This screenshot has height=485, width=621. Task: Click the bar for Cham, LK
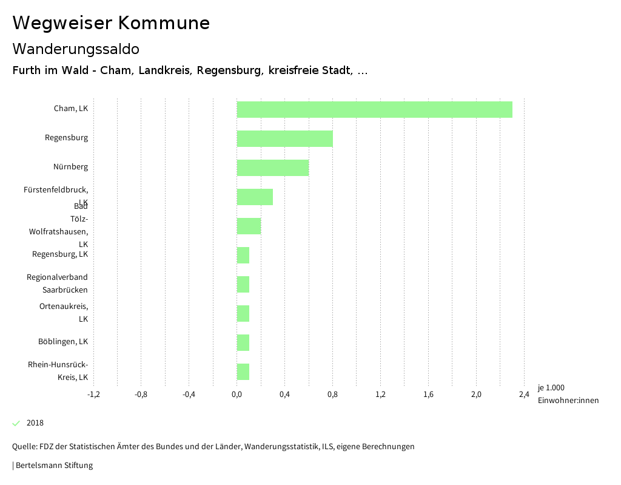(x=374, y=109)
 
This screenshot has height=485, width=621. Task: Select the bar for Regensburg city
(x=284, y=138)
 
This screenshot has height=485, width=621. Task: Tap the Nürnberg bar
(x=273, y=168)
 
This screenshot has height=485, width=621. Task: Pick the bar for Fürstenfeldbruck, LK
(x=255, y=197)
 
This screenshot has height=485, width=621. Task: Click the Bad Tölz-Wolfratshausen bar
(x=249, y=226)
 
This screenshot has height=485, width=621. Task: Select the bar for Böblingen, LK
(x=243, y=342)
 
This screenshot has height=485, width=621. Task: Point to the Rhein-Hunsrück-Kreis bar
(x=243, y=371)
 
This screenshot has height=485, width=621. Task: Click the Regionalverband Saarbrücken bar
(x=243, y=284)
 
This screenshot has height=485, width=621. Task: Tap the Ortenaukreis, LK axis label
(x=64, y=312)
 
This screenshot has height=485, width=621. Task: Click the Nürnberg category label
(x=70, y=167)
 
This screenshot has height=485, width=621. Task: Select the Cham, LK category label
(x=71, y=109)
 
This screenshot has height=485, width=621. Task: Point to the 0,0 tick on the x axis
(x=237, y=395)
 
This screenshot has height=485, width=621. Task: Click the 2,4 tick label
(x=524, y=395)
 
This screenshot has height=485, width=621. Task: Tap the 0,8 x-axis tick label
(x=332, y=395)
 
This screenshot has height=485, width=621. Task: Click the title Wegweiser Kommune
(x=111, y=23)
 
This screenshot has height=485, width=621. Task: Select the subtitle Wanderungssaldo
(x=76, y=49)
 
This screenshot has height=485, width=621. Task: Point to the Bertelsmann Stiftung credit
(x=53, y=466)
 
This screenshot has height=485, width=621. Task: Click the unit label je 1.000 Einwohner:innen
(x=568, y=394)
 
